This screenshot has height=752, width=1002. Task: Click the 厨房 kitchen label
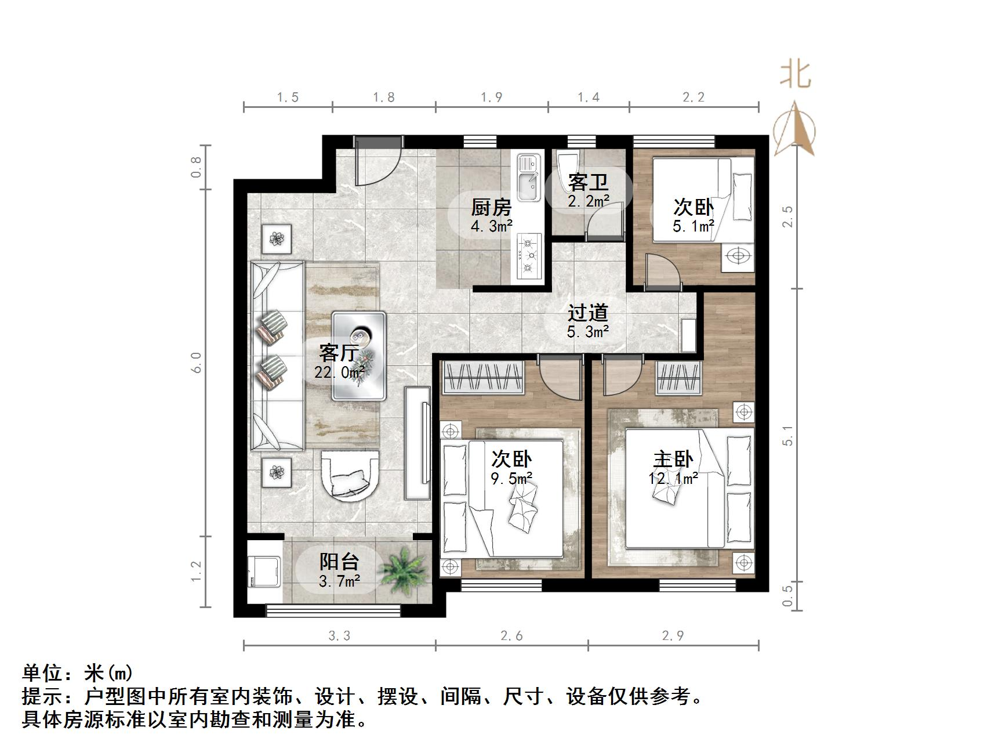coord(491,207)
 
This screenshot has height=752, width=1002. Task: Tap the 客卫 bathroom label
coord(588,182)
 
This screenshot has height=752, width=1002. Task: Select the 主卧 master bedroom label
coord(673,460)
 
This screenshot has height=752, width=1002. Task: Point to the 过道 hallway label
coord(587,313)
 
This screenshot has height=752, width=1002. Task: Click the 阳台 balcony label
coord(339,561)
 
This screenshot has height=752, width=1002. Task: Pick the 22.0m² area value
coord(339,372)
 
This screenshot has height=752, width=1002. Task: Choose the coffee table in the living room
coord(359,355)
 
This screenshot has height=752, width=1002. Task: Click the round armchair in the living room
coord(350,474)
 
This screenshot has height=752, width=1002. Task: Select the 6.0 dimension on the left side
coord(197,363)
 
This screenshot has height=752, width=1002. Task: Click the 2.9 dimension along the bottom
coord(673,635)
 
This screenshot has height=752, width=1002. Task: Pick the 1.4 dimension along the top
coord(588,97)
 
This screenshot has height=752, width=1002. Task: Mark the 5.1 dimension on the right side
coord(787,435)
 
